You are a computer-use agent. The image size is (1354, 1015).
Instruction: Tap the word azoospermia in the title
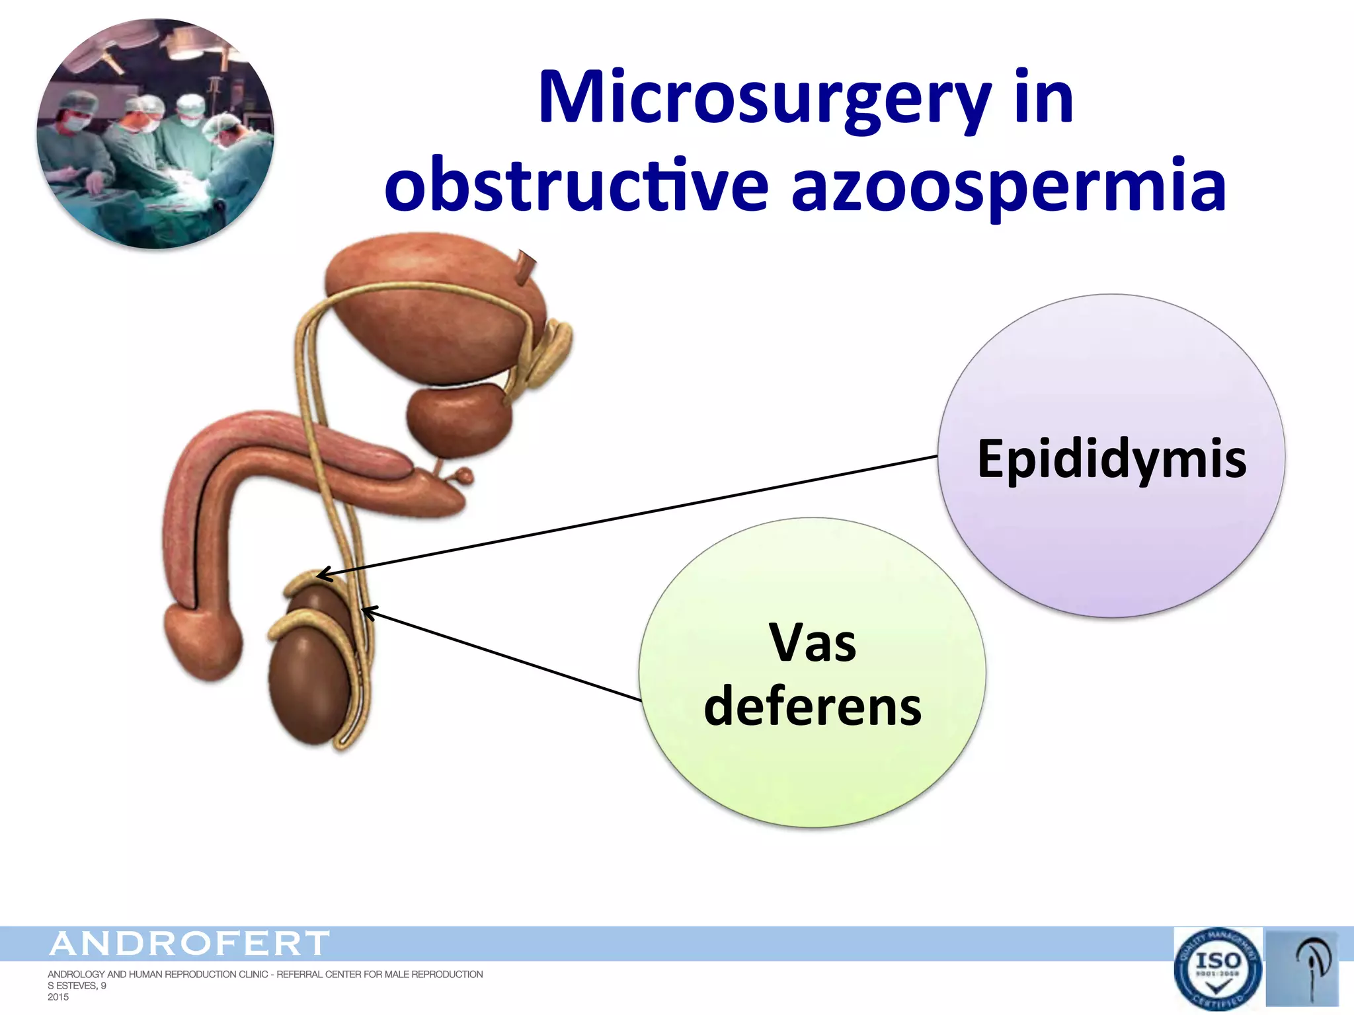click(x=1008, y=186)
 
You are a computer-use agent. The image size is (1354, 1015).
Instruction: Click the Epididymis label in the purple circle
click(x=1112, y=459)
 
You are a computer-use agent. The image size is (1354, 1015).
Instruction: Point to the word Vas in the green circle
click(x=813, y=643)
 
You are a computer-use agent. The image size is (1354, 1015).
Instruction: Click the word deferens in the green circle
click(x=813, y=706)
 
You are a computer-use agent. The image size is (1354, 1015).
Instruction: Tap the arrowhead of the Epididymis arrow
click(x=319, y=574)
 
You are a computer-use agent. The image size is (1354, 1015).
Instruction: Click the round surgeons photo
click(x=155, y=134)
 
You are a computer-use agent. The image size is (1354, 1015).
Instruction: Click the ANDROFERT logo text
click(x=189, y=943)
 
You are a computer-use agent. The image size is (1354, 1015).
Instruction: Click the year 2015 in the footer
click(x=58, y=997)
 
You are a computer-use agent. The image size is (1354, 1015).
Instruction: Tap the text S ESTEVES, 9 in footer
click(x=77, y=986)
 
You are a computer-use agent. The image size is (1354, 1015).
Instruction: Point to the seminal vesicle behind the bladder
click(x=552, y=350)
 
